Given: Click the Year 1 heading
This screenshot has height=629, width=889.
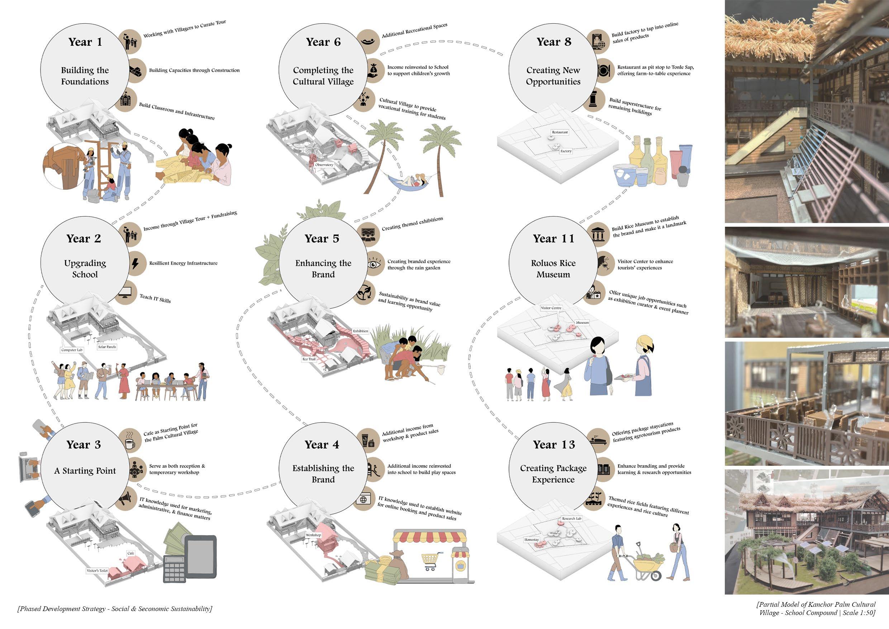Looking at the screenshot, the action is click(x=85, y=42).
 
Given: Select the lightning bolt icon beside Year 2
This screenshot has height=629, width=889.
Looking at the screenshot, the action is click(x=135, y=263).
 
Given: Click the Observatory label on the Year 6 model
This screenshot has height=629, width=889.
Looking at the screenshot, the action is click(x=324, y=165).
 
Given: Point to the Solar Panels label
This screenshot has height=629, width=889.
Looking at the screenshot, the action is click(x=107, y=347).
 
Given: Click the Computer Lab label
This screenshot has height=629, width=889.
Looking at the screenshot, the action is click(x=72, y=350).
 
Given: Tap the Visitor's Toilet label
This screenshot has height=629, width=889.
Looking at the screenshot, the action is click(x=97, y=571).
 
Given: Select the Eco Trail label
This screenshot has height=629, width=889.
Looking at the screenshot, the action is click(x=309, y=359).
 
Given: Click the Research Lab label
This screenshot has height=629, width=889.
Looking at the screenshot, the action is click(x=571, y=519).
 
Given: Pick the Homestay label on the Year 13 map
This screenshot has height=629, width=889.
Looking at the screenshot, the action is click(x=532, y=540).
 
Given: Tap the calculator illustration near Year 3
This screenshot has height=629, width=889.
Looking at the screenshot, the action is click(x=176, y=569).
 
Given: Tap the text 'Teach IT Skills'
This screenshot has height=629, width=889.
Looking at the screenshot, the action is click(x=155, y=298).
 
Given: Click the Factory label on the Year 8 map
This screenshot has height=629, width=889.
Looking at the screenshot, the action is click(x=566, y=151).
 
